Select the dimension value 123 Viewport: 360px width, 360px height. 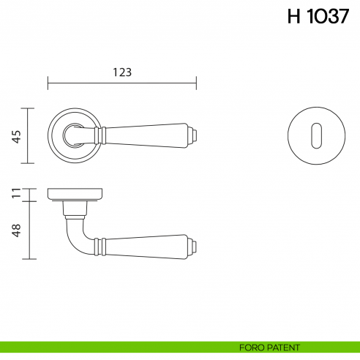tap(122, 72)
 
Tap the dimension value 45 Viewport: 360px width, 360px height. tap(16, 135)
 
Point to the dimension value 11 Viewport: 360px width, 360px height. tap(16, 194)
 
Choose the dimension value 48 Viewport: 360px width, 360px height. tap(16, 230)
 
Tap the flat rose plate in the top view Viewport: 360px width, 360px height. tap(75, 194)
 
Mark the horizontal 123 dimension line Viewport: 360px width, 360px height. tap(122, 82)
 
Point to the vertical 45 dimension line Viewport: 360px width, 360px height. tap(28, 135)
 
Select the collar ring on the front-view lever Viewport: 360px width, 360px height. tap(102, 135)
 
